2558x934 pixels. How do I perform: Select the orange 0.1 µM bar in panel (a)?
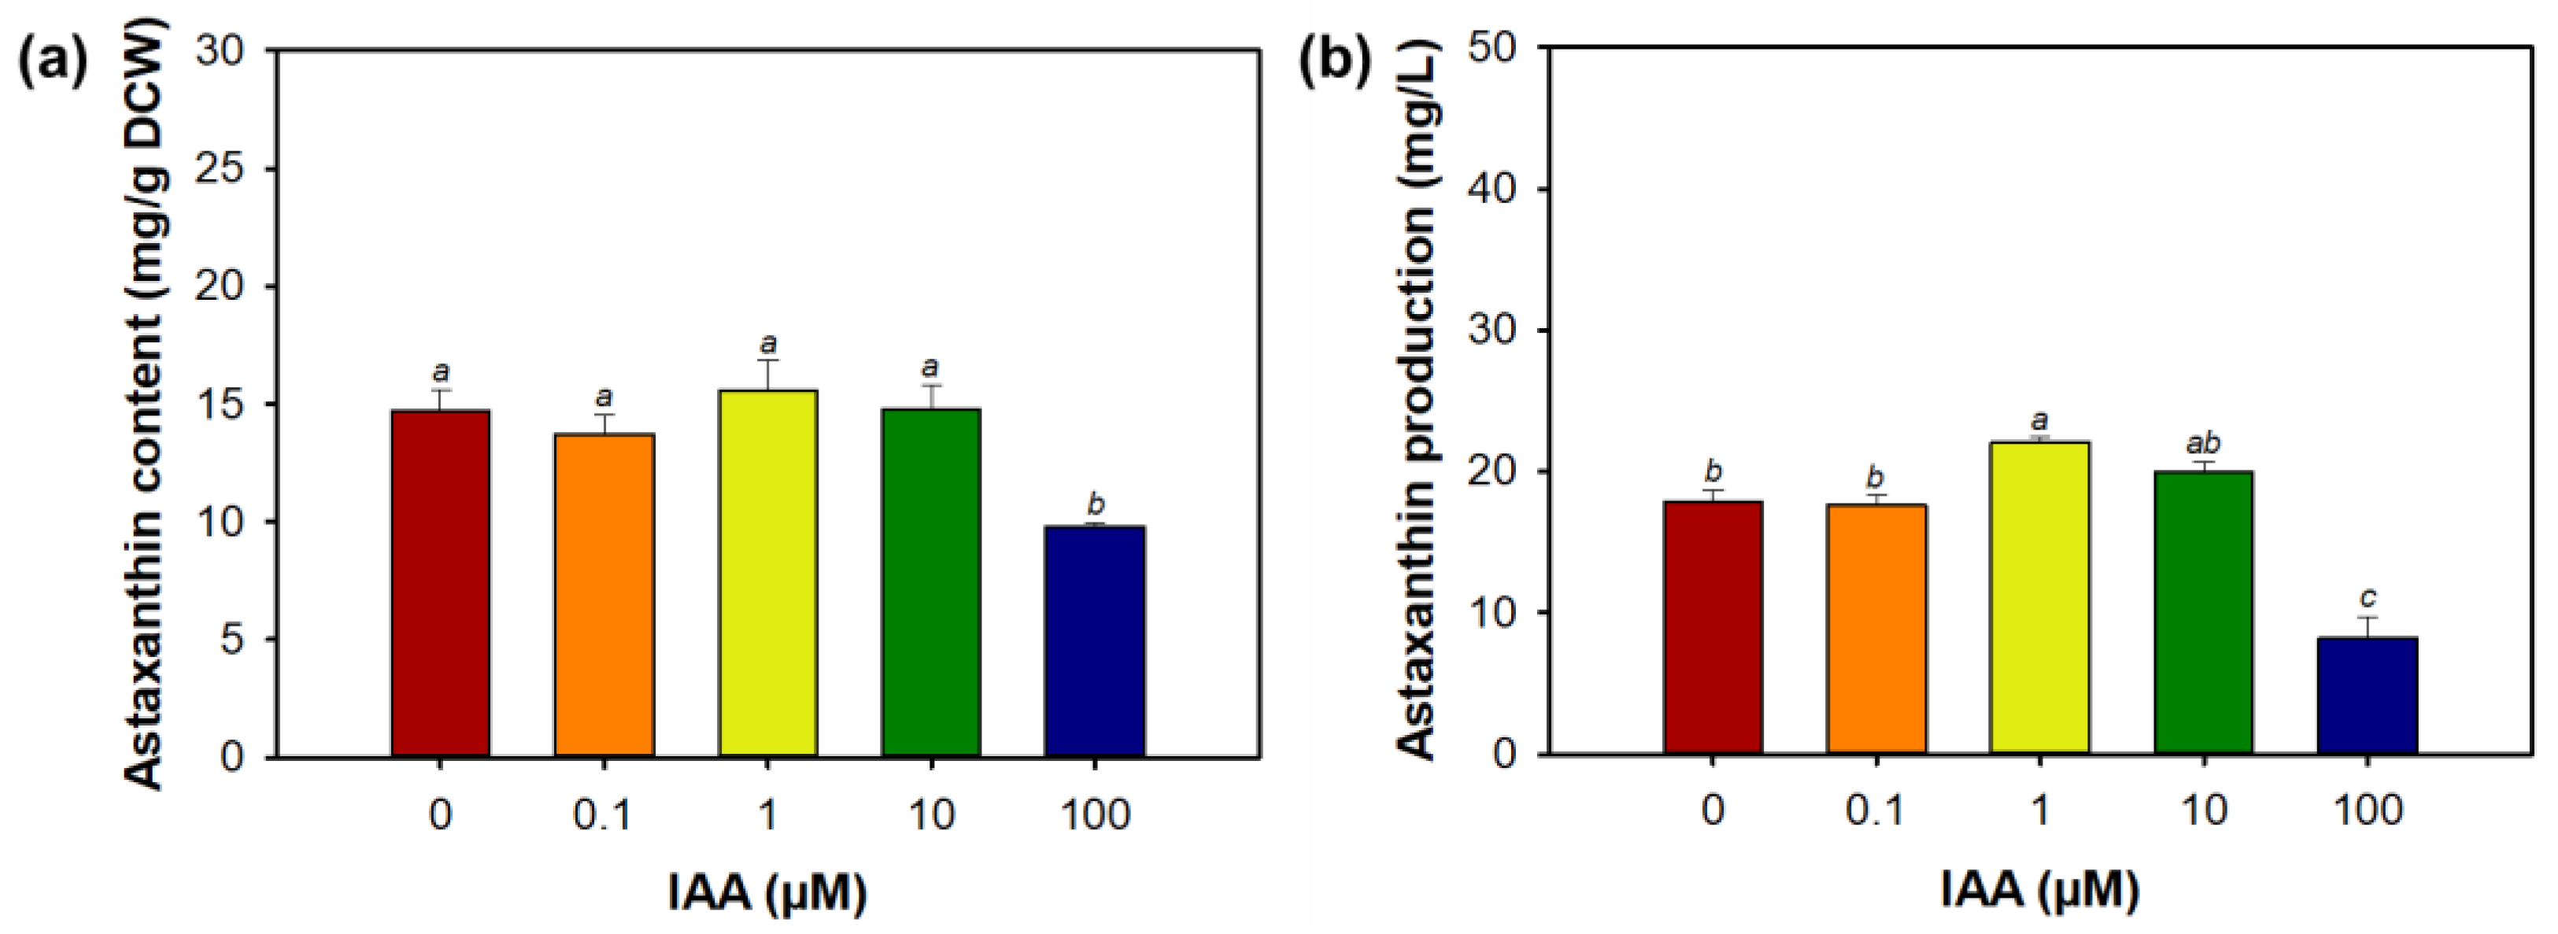click(604, 596)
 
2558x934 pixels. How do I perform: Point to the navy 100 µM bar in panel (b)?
click(2367, 695)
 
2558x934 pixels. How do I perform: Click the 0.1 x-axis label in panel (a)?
click(603, 816)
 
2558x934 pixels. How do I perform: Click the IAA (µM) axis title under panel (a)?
click(767, 892)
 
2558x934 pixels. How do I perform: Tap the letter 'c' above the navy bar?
click(2368, 597)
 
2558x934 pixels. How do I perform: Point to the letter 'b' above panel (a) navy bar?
click(1096, 504)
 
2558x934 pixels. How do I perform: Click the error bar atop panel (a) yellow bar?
click(767, 375)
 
